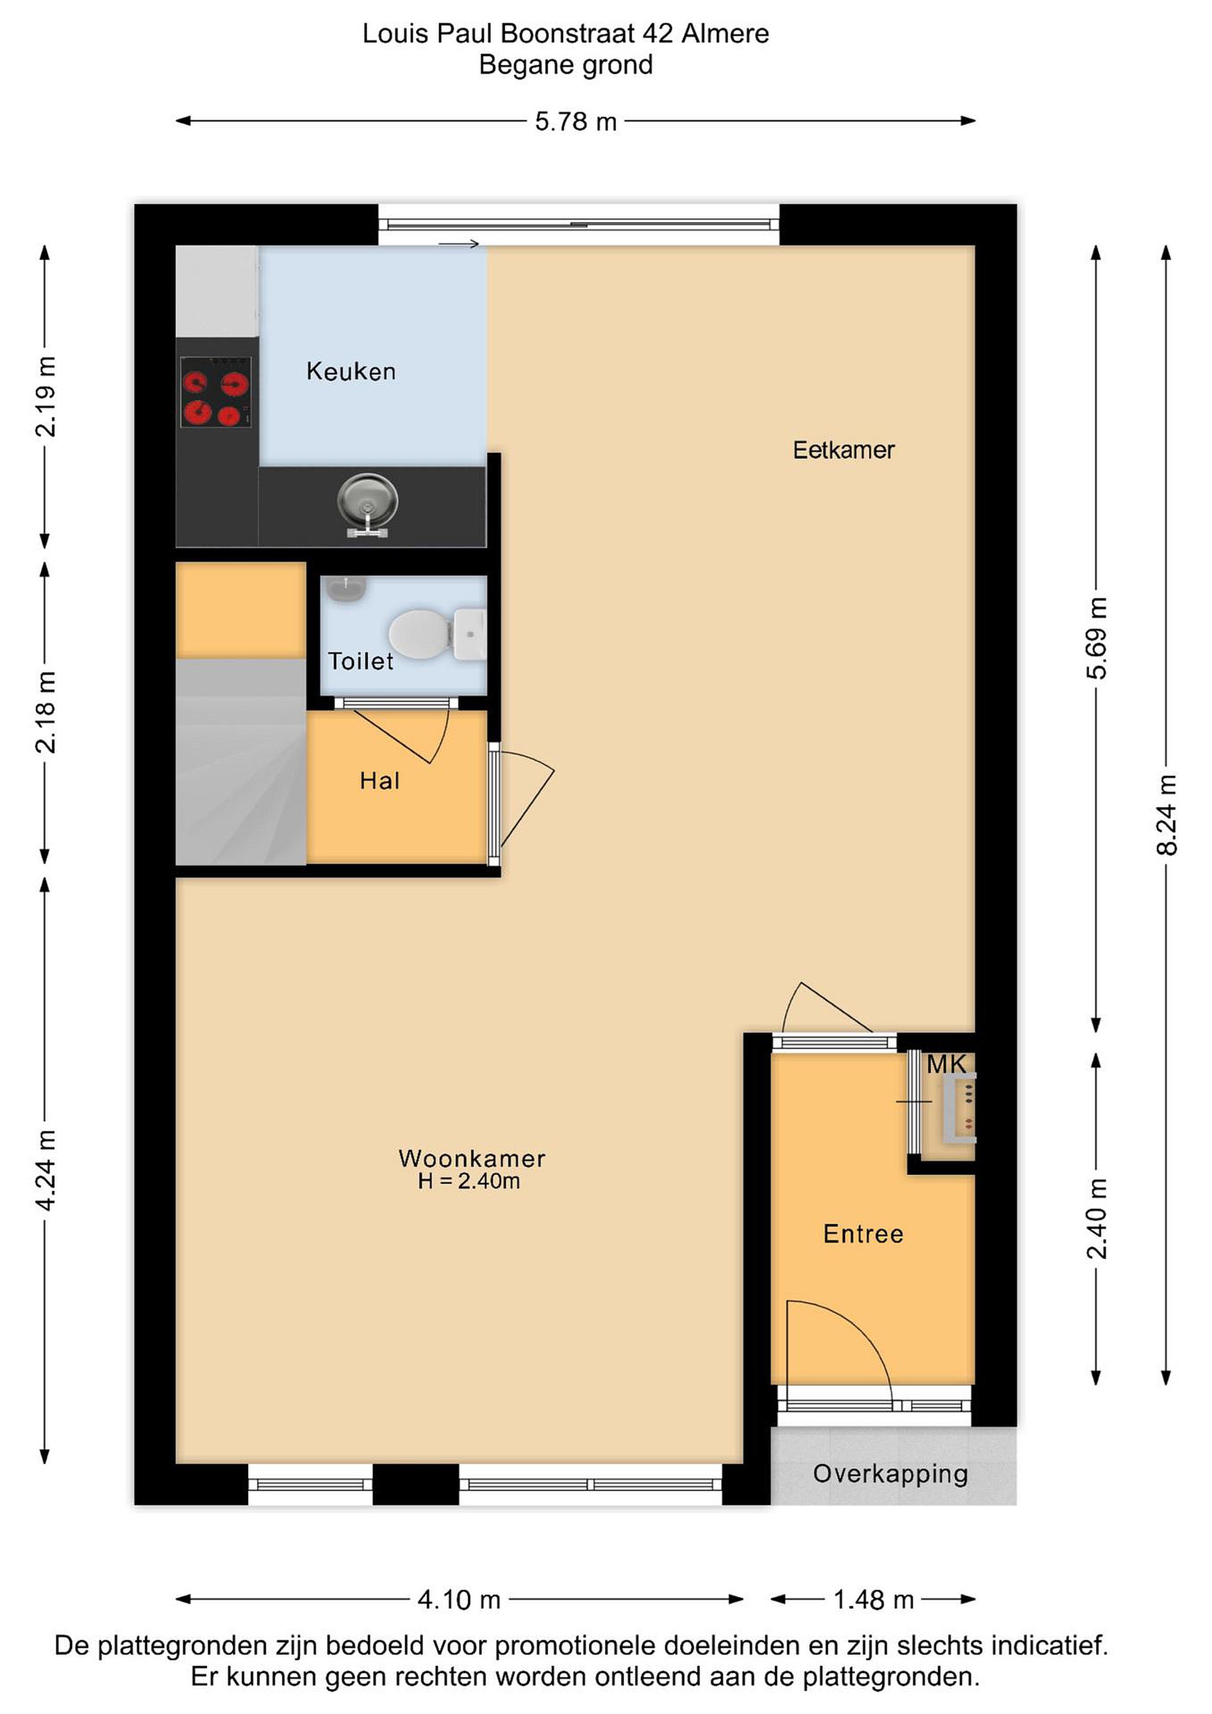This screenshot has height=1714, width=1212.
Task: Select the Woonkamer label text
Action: (472, 1159)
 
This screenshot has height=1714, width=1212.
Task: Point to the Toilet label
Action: (361, 661)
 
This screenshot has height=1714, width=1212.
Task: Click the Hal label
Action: (380, 781)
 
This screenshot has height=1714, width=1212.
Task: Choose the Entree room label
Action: (863, 1234)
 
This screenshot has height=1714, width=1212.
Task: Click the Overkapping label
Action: (890, 1473)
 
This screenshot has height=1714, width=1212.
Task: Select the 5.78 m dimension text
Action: (576, 121)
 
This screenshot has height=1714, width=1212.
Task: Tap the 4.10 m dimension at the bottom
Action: (458, 1600)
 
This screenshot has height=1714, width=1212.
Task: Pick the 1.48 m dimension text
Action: (873, 1600)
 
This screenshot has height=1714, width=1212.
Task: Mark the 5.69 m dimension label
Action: (1097, 638)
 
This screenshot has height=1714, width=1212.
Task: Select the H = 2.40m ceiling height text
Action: (469, 1181)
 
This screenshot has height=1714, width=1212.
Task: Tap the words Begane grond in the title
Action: (566, 65)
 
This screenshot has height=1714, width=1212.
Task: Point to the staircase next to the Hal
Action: (241, 761)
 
